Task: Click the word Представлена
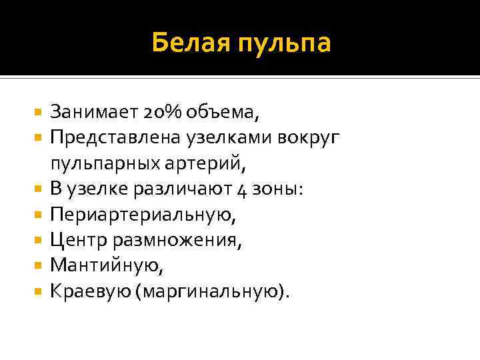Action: point(108,137)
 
